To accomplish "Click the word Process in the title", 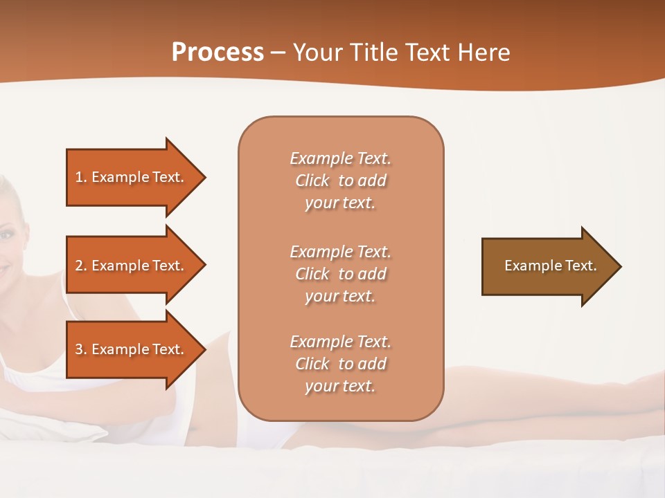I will tap(218, 53).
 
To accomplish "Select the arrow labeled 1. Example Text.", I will tap(130, 177).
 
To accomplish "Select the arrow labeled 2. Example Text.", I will tap(130, 266).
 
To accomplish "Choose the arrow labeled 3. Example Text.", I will tap(130, 349).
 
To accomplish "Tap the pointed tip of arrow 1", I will tap(204, 177).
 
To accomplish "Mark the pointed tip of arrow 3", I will tap(204, 349).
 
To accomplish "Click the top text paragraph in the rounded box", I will tap(340, 181).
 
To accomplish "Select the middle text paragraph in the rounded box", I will tap(340, 274).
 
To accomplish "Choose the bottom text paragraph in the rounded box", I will tap(340, 364).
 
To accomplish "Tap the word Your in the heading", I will tap(317, 53).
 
